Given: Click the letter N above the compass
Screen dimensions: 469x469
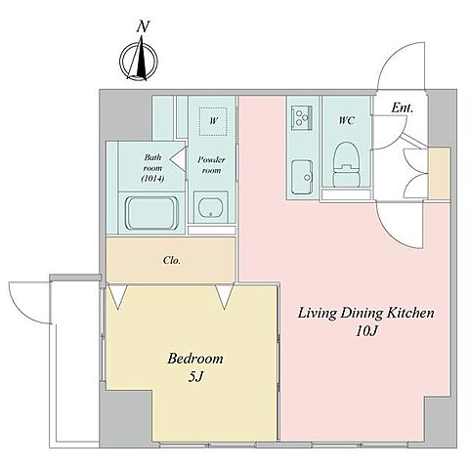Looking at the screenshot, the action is [x=143, y=26].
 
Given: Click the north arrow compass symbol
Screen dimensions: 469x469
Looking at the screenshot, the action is [x=139, y=60].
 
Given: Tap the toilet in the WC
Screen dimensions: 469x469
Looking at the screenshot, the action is [x=346, y=165].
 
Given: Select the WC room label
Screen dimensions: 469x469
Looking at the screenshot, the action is [x=347, y=120].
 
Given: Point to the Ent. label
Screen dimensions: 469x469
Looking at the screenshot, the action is [x=402, y=107].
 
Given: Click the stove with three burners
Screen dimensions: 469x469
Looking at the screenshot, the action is [x=302, y=117].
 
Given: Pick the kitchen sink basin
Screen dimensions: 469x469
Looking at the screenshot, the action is [x=302, y=177].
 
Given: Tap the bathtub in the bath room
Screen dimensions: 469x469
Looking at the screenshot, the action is [x=151, y=213].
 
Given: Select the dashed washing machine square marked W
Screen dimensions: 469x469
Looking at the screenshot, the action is [x=213, y=121].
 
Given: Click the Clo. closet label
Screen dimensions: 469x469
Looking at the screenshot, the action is [x=172, y=260].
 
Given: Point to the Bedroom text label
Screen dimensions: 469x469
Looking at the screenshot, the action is [x=195, y=359].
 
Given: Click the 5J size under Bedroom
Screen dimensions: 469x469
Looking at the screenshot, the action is [x=195, y=377].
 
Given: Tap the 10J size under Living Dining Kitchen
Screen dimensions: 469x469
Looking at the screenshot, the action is [x=366, y=331].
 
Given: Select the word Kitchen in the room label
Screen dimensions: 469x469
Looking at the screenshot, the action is [x=410, y=313].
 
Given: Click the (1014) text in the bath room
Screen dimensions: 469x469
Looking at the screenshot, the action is [x=152, y=178].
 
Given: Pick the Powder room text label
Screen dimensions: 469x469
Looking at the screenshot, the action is [x=211, y=165].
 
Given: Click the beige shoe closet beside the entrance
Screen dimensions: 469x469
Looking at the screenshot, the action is [x=439, y=173].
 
